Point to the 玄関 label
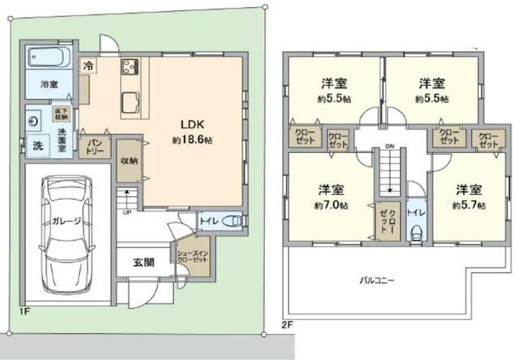click(144, 262)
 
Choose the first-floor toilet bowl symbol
click(231, 221)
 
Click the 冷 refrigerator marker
click(88, 65)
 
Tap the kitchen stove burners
click(130, 65)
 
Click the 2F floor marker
click(287, 322)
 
